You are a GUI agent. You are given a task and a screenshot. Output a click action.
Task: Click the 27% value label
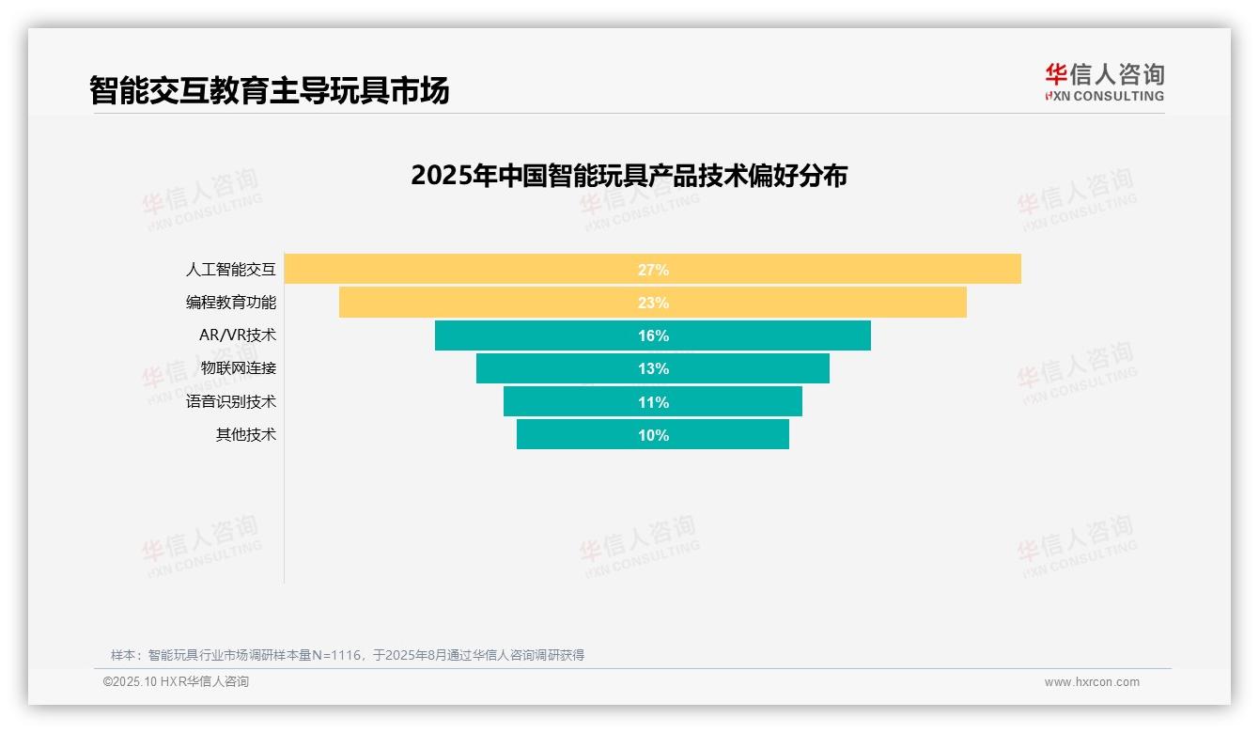click(653, 270)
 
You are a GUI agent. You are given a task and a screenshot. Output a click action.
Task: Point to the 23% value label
click(653, 303)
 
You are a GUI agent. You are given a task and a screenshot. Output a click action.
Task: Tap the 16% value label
click(653, 335)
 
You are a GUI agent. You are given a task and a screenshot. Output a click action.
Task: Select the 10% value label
click(653, 435)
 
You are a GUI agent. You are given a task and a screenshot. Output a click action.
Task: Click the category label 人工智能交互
click(231, 270)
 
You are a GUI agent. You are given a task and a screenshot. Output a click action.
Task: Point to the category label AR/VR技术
click(238, 335)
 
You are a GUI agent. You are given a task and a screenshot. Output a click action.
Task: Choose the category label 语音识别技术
click(231, 402)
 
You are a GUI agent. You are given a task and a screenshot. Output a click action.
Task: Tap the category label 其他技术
click(246, 435)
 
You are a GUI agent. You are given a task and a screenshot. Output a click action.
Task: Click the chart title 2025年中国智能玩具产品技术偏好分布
click(629, 176)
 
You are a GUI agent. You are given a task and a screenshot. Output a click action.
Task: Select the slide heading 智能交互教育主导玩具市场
click(270, 90)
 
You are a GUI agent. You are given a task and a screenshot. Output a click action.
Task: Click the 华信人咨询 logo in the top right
click(1104, 82)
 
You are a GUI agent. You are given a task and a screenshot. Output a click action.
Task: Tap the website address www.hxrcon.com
click(1092, 682)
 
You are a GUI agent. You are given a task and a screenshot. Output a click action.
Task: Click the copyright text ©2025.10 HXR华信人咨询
click(176, 682)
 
